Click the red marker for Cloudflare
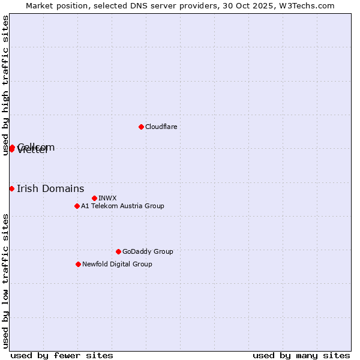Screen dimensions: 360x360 [141, 127]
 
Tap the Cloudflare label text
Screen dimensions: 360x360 [161, 127]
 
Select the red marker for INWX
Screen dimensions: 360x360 [94, 198]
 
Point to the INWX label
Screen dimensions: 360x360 [107, 198]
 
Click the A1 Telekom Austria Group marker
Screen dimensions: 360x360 [77, 206]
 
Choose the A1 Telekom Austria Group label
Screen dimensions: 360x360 [122, 206]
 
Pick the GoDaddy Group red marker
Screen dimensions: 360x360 [118, 251]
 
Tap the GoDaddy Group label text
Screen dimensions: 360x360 [147, 251]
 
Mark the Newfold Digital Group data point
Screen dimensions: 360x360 [78, 264]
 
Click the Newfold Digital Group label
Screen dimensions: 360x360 [117, 264]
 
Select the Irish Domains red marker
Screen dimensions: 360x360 [11, 188]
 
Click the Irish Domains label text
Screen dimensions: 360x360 [50, 188]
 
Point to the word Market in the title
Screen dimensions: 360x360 [40, 5]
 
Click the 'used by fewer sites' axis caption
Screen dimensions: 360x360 [62, 355]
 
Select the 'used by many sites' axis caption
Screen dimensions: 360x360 [301, 355]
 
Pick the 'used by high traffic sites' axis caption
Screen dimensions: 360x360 [5, 85]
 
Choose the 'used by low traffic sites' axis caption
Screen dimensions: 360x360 [5, 281]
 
